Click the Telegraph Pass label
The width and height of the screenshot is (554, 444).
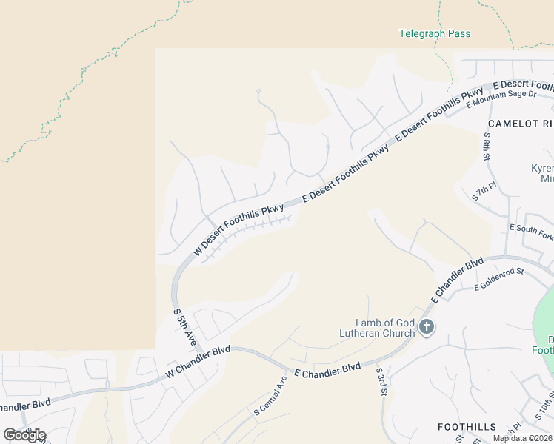(x=435, y=33)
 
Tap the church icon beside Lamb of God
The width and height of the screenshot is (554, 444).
(x=426, y=326)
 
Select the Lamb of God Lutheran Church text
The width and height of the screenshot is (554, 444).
(x=385, y=327)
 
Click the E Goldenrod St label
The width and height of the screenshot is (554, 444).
(x=499, y=280)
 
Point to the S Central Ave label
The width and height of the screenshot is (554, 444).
(x=270, y=395)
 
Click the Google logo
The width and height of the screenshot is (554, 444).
(x=24, y=434)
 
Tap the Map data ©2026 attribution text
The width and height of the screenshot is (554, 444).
(x=522, y=438)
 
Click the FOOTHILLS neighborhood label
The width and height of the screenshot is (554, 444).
(x=467, y=427)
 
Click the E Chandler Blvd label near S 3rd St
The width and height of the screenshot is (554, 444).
(x=327, y=369)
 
